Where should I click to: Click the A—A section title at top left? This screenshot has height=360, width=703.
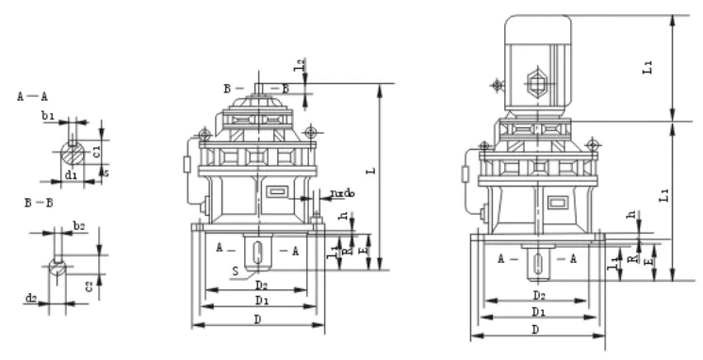33,97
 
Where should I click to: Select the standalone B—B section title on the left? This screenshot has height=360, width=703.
39,203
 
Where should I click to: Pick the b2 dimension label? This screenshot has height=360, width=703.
80,226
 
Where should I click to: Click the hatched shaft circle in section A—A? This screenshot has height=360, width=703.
71,151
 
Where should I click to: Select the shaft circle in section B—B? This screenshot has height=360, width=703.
58,266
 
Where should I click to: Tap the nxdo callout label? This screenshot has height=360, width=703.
342,194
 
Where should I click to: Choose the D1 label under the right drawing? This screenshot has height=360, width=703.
537,311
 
